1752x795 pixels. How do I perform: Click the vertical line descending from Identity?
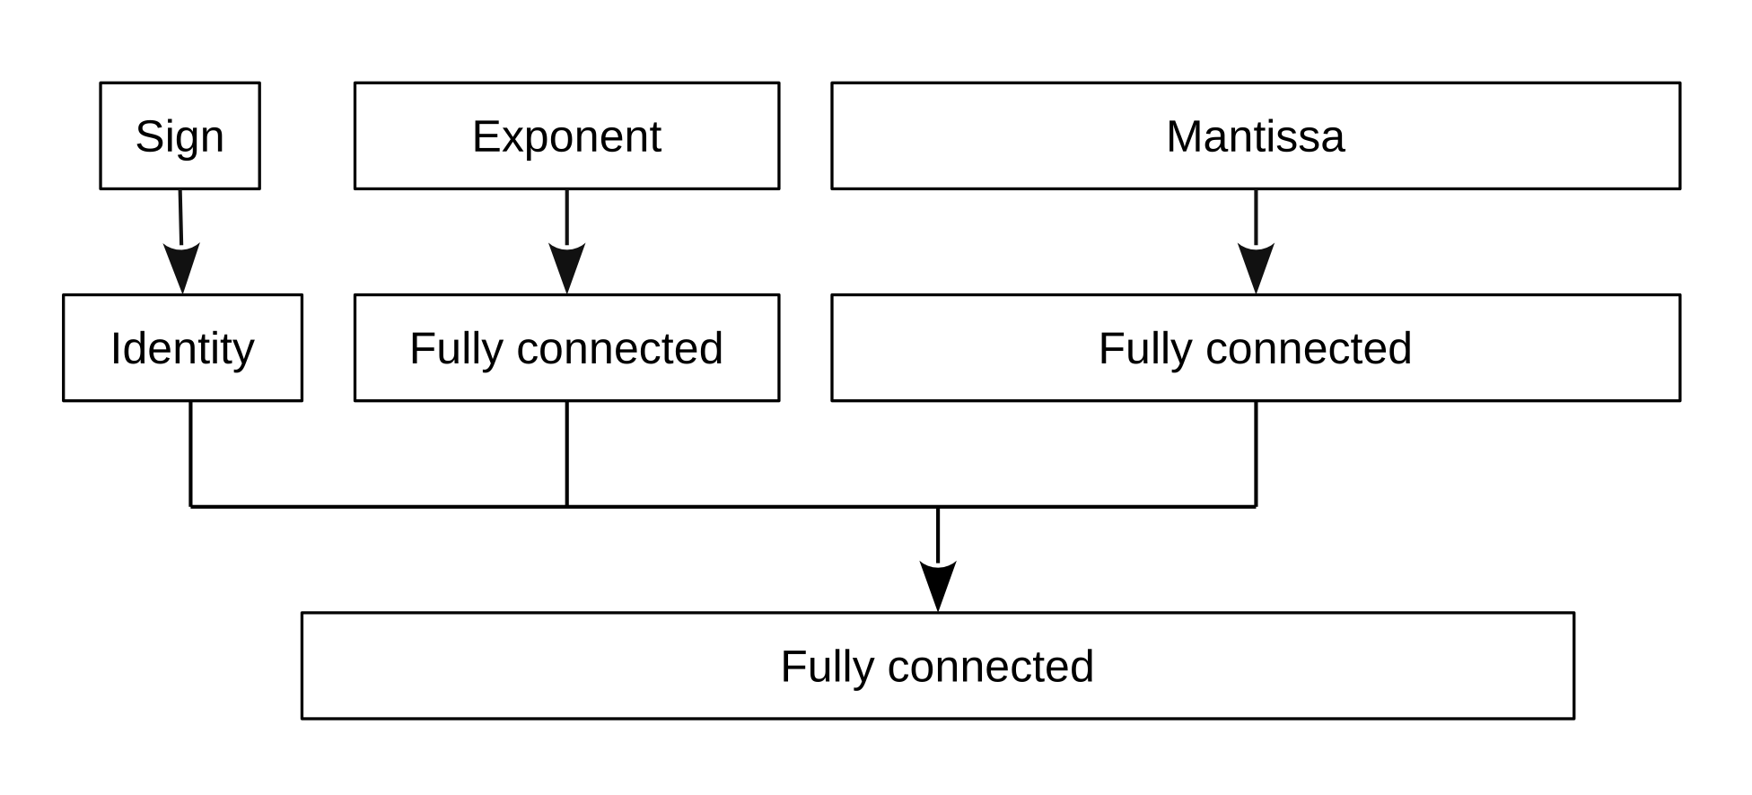point(191,453)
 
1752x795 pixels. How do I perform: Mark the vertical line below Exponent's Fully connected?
point(567,453)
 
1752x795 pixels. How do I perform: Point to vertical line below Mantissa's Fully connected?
point(1256,453)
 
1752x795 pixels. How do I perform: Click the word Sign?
point(180,137)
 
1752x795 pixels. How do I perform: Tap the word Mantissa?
point(1255,136)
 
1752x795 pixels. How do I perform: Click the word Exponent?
point(566,137)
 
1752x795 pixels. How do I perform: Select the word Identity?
point(182,349)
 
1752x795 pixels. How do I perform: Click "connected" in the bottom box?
point(990,667)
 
